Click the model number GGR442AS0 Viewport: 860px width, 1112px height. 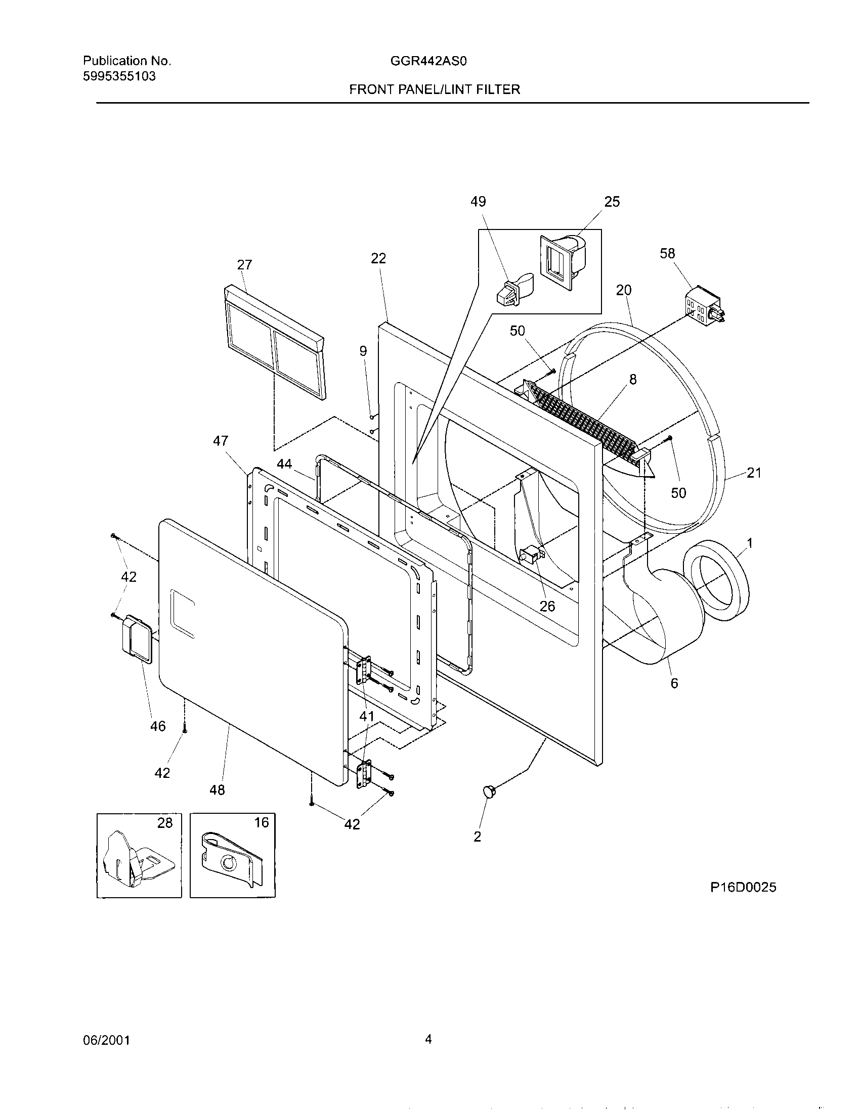point(428,62)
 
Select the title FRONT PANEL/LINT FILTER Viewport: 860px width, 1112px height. point(434,90)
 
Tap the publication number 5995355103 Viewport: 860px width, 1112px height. point(119,77)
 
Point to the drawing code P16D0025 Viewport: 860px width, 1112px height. point(743,888)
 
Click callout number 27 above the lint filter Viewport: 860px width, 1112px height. point(244,265)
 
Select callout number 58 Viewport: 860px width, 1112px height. point(667,253)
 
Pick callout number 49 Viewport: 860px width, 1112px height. point(478,202)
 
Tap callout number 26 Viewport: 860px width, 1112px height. point(547,607)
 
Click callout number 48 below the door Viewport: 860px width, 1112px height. point(217,790)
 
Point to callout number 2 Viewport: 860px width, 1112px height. point(478,837)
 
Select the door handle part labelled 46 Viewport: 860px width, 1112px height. point(136,639)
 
